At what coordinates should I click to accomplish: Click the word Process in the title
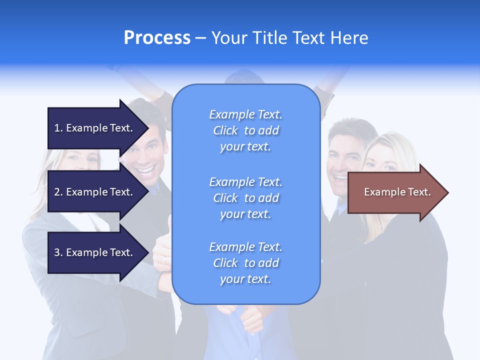(157, 38)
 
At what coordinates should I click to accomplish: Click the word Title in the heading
(270, 38)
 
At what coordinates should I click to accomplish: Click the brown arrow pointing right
(395, 192)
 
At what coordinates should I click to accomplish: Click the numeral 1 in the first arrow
(57, 128)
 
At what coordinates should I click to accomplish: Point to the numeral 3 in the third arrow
(57, 252)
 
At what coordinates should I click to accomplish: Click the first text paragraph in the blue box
(245, 130)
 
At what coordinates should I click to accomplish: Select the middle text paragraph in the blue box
(245, 198)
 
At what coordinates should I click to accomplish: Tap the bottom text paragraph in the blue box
(245, 263)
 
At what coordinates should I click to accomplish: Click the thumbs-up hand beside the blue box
(162, 250)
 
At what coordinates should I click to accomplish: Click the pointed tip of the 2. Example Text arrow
(147, 192)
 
